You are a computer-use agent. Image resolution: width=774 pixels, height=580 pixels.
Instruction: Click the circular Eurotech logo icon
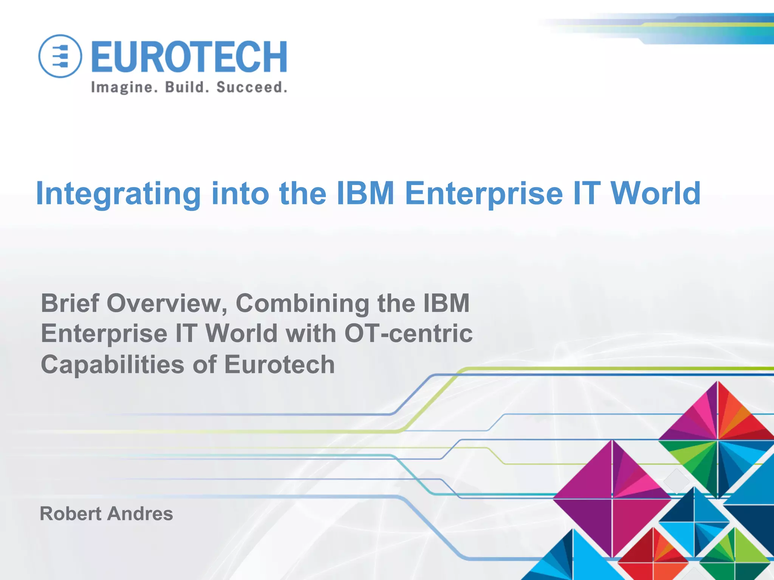(60, 56)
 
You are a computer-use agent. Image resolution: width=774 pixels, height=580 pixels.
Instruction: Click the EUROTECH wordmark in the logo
(189, 57)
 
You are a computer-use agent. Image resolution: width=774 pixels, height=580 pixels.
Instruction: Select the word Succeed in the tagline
(252, 87)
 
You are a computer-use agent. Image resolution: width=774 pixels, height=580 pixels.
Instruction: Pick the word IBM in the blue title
(365, 193)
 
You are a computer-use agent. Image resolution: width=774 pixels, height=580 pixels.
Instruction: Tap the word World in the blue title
(656, 193)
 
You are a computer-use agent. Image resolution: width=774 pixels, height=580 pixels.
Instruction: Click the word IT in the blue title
(587, 193)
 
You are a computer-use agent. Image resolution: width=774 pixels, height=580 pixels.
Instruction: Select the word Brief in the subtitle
(70, 303)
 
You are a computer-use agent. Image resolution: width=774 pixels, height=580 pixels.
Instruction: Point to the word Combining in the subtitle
(302, 304)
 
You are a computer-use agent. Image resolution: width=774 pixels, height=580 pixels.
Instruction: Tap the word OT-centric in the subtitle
(408, 334)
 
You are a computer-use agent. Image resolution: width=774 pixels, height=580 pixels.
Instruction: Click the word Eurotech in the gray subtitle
(279, 365)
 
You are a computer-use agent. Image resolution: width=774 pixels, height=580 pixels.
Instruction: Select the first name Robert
(71, 514)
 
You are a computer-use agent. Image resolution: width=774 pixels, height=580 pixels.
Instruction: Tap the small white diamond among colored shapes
(676, 481)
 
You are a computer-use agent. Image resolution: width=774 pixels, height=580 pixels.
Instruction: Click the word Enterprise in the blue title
(483, 193)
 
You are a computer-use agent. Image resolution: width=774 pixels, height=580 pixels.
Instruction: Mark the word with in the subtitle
(310, 334)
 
